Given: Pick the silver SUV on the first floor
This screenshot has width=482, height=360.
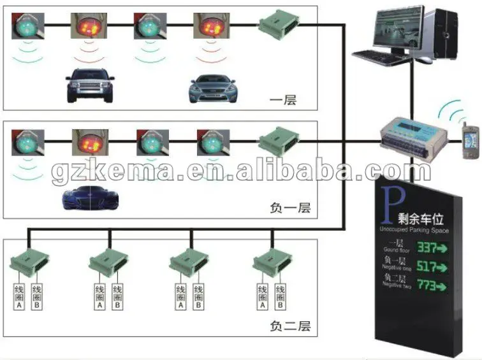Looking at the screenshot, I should tap(89, 87).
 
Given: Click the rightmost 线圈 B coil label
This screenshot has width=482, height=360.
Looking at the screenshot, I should tap(279, 297).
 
